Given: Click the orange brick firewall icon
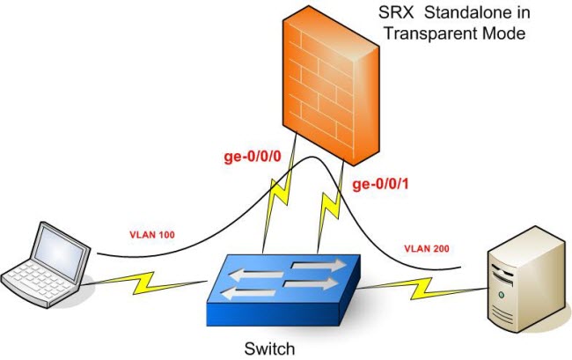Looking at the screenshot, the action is [x=331, y=85].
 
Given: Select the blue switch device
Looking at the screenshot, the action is [x=283, y=290].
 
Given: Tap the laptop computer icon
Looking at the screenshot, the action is [x=46, y=264].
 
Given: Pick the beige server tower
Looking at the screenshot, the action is [x=530, y=279].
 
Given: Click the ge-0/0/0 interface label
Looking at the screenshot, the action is [x=253, y=157].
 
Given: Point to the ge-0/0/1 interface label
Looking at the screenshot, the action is [x=380, y=184].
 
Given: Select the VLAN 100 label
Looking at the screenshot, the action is [x=152, y=234].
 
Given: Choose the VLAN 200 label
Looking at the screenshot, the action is [x=427, y=249].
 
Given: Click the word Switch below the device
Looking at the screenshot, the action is [x=269, y=349].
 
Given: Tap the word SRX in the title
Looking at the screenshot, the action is [x=396, y=13].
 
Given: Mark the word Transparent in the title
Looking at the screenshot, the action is [x=430, y=33].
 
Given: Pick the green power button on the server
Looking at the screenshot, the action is [x=502, y=295].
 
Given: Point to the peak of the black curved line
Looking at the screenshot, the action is [x=312, y=157].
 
